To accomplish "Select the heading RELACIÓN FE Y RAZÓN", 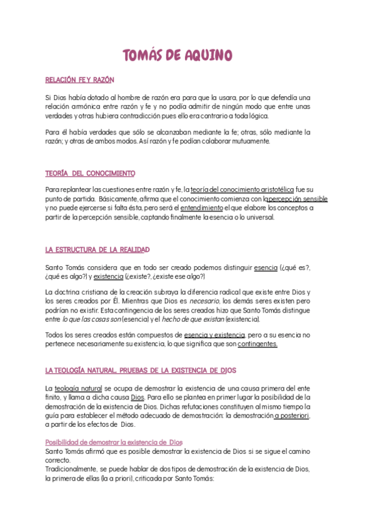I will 79,80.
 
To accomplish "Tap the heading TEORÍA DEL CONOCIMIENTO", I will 90,172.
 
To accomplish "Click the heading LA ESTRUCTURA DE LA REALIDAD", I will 97,249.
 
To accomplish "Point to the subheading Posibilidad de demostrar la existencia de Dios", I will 114,442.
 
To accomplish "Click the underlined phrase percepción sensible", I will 297,198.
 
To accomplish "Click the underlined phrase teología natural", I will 78,388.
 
